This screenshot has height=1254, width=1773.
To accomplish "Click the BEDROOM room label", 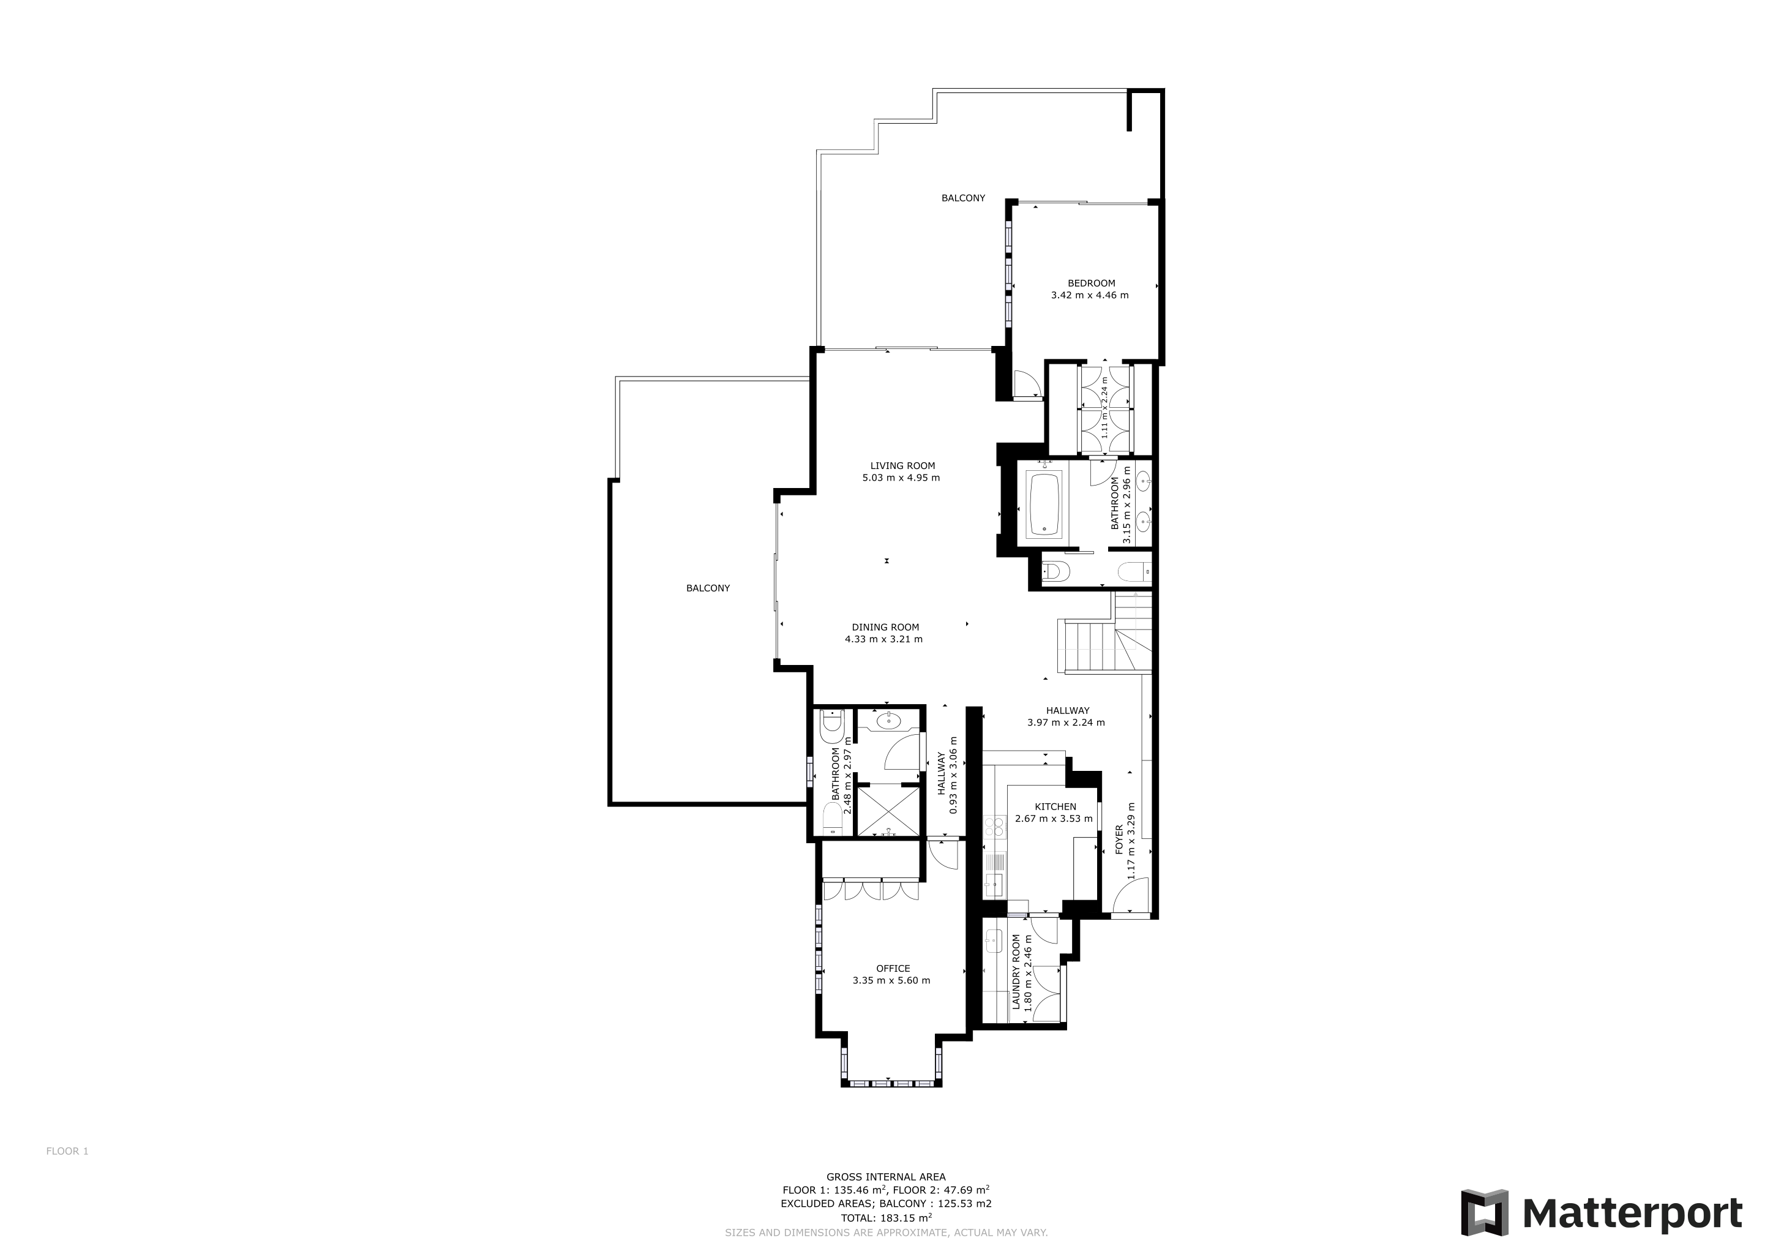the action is tap(1091, 283).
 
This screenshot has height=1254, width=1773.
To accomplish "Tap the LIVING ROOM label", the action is tap(902, 465).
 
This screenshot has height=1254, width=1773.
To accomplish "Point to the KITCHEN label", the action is tap(1055, 806).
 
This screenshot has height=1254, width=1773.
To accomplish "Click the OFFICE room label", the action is tap(893, 968).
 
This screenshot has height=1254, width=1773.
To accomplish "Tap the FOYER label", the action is tap(1119, 839).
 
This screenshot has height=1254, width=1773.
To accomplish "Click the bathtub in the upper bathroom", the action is tap(1044, 504).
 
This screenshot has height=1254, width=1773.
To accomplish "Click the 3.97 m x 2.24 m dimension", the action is tap(1066, 723).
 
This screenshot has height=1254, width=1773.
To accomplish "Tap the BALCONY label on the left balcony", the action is tap(708, 588).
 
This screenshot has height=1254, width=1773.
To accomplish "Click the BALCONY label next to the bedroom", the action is tap(963, 198).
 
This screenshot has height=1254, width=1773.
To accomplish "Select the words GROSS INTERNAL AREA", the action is tap(886, 1177).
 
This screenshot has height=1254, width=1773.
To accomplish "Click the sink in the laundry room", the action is tap(994, 940).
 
